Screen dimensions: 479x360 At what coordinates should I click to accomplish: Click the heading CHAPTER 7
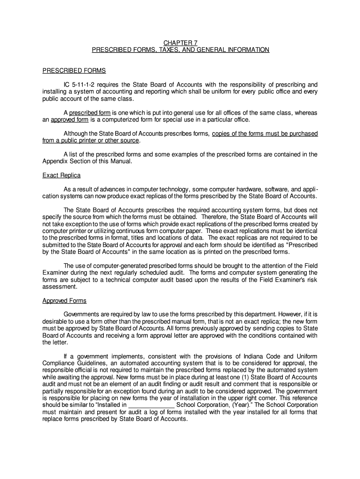[x=180, y=42]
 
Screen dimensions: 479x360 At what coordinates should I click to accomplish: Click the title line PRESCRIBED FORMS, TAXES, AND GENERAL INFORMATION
[x=180, y=50]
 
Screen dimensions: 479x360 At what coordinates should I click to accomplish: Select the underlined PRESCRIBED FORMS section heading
[x=74, y=71]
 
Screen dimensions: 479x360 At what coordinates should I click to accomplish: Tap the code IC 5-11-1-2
[x=80, y=85]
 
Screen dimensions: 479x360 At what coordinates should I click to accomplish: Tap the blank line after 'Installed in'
[x=151, y=405]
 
